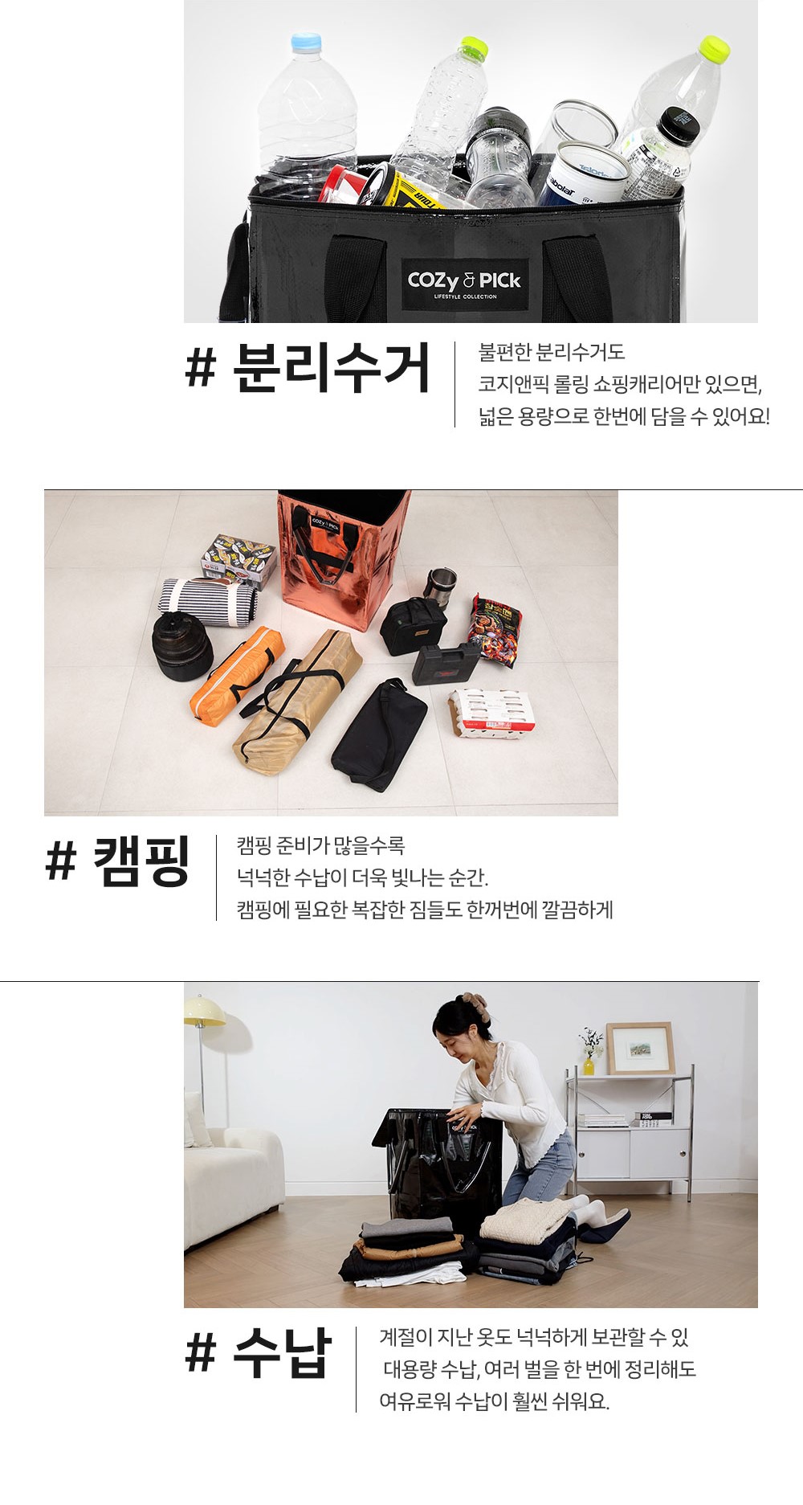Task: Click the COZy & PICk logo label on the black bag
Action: point(465,284)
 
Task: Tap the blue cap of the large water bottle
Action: point(306,43)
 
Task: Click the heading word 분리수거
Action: point(332,368)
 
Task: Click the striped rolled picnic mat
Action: point(207,602)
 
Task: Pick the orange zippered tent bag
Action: point(237,675)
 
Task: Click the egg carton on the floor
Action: point(491,712)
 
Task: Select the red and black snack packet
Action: point(495,630)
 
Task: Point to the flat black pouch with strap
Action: point(379,734)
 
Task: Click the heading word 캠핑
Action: point(141,861)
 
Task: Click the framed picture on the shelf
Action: point(640,1048)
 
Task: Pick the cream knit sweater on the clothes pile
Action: point(526,1221)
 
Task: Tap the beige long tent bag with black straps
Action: point(296,701)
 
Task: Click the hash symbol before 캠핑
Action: point(60,861)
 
